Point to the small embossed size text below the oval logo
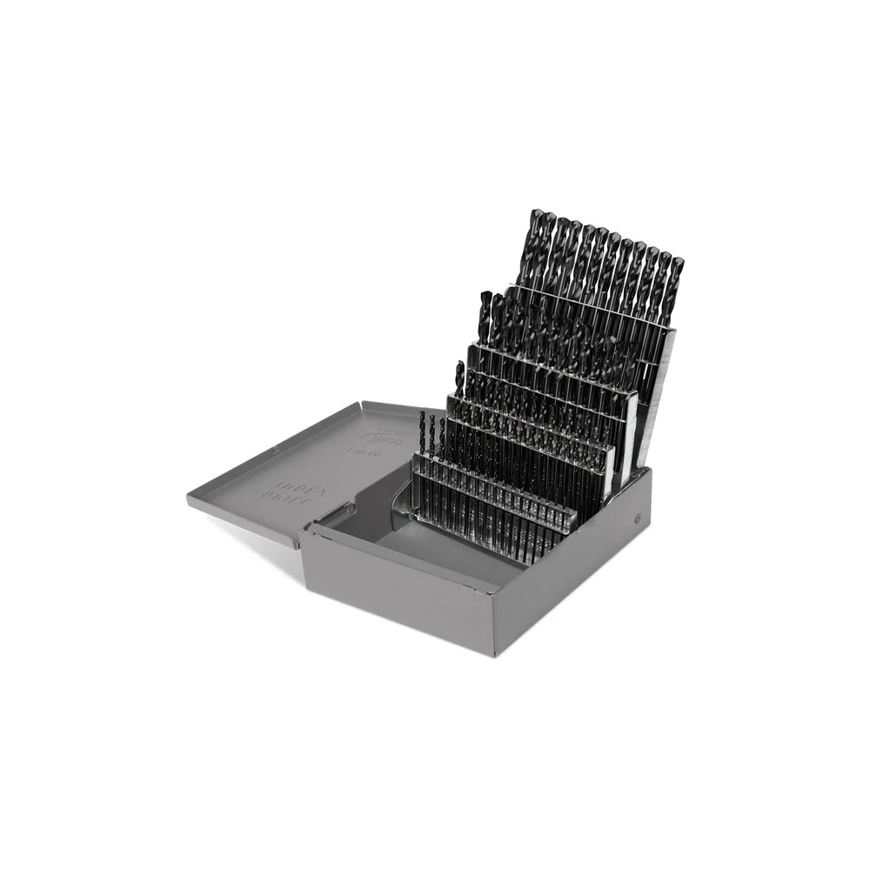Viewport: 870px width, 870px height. click(x=358, y=452)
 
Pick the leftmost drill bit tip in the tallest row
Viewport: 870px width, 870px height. click(x=533, y=217)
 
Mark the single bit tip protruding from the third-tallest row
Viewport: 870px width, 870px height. click(x=459, y=368)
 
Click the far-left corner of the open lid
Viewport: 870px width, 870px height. click(x=190, y=498)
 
